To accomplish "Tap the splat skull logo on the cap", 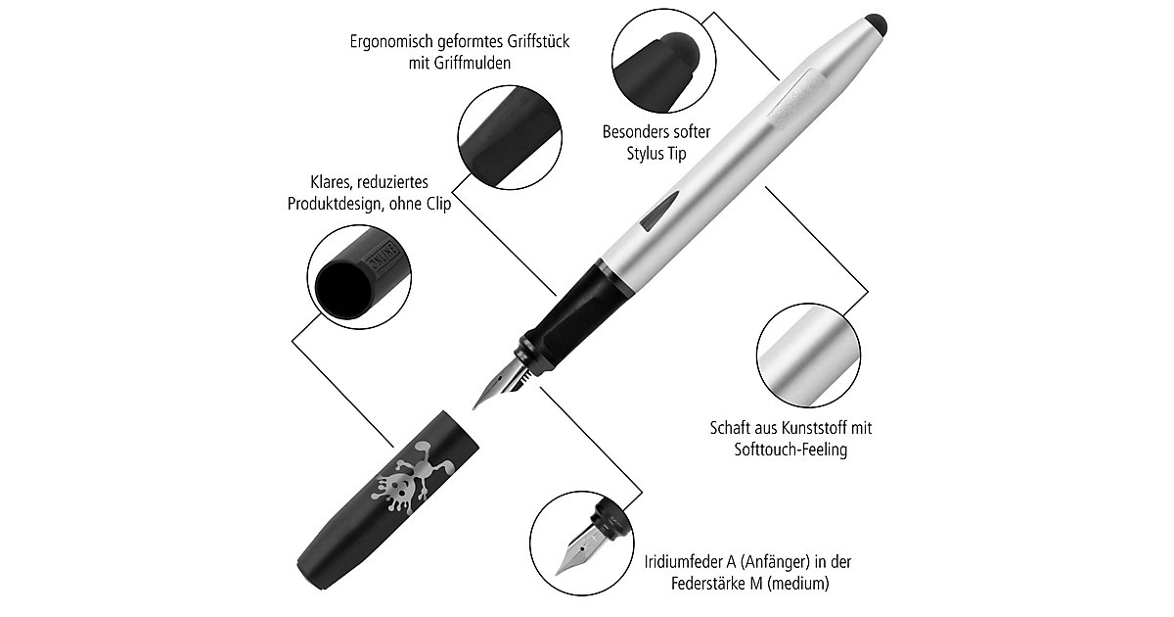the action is (x=411, y=477).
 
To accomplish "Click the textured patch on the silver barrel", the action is (x=795, y=98).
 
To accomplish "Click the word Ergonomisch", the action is (x=390, y=41).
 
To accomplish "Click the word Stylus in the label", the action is (x=646, y=154).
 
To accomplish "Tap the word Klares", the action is (x=330, y=182).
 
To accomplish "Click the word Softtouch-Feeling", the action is (x=790, y=450).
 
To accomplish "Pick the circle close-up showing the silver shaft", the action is (x=808, y=355).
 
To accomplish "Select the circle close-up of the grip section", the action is (x=510, y=137).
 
